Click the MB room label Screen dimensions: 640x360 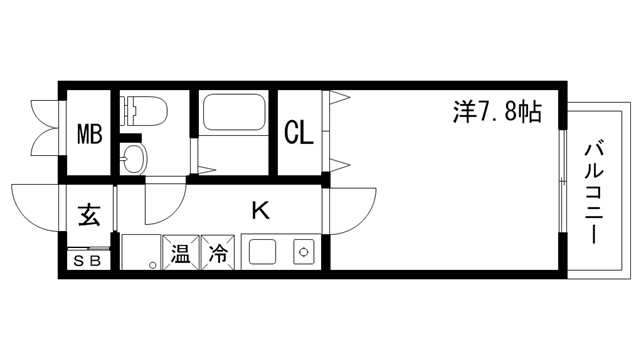(x=91, y=133)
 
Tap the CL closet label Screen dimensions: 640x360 (x=299, y=132)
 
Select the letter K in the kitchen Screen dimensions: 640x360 (x=260, y=210)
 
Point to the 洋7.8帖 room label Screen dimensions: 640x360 (x=497, y=112)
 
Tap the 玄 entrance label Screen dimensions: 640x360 (x=89, y=215)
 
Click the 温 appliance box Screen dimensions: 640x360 (x=181, y=252)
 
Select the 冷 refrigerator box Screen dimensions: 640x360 (x=217, y=252)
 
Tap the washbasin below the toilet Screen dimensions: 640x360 (x=132, y=156)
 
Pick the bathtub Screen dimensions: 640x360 (x=233, y=113)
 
